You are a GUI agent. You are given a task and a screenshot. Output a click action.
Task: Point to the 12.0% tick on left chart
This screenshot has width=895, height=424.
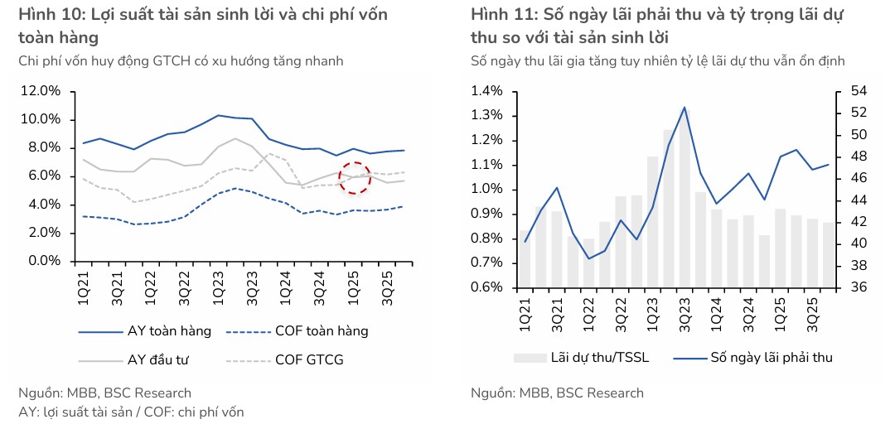point(40,91)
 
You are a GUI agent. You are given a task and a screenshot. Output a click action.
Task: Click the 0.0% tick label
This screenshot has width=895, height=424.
point(43,261)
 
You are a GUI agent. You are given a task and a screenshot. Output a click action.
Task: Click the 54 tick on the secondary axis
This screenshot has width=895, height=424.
point(859,91)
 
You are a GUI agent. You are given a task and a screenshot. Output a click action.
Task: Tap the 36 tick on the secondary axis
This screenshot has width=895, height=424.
point(859,287)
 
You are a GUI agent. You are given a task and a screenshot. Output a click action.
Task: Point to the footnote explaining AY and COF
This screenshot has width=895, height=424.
point(131,412)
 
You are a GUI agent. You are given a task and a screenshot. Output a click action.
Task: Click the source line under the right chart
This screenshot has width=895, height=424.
point(557,393)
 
